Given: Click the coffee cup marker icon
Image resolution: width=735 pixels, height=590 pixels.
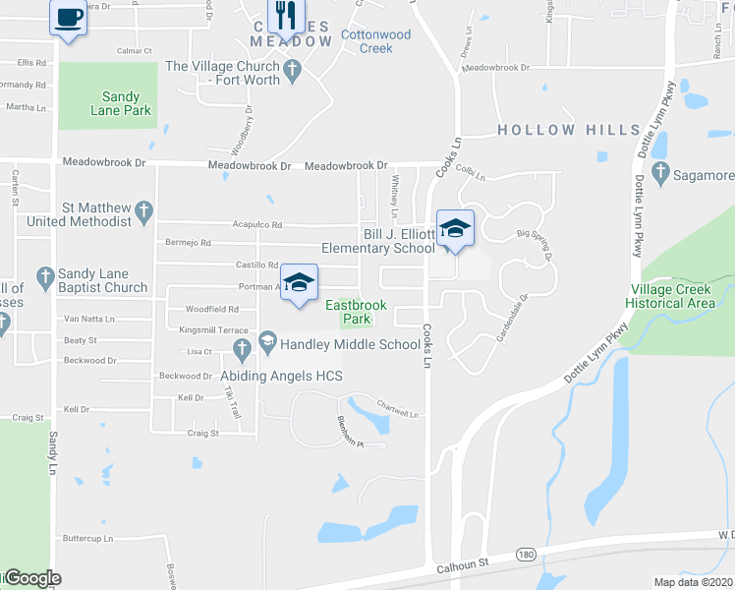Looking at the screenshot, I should [x=68, y=18].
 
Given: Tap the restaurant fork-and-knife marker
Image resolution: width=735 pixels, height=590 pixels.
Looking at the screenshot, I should [x=286, y=14].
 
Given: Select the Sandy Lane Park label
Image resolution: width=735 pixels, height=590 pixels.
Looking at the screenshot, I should [x=127, y=103].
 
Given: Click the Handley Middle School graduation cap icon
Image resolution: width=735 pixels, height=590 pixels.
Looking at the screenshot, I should [x=300, y=283].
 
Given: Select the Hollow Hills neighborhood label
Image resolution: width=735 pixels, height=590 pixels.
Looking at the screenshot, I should [x=555, y=130].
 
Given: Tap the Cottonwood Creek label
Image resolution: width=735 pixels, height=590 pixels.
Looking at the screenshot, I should [x=374, y=40].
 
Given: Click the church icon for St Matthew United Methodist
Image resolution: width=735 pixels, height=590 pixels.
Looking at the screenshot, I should [x=143, y=209].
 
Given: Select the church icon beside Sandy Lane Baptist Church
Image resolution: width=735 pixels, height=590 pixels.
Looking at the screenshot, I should [x=44, y=278].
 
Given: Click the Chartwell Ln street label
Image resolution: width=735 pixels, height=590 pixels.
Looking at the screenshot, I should [x=399, y=409].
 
